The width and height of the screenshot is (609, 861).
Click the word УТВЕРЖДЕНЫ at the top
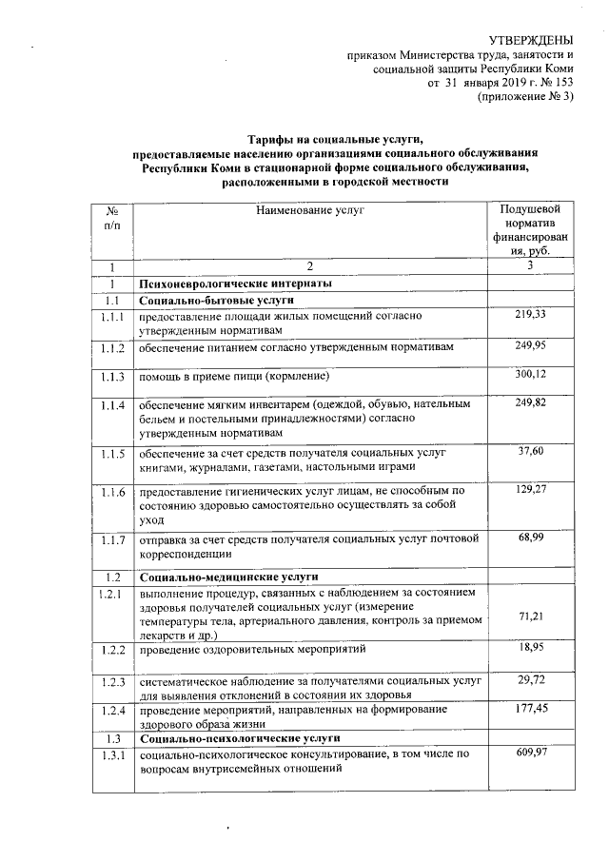click(531, 40)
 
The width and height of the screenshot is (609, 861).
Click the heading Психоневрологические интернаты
click(235, 284)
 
